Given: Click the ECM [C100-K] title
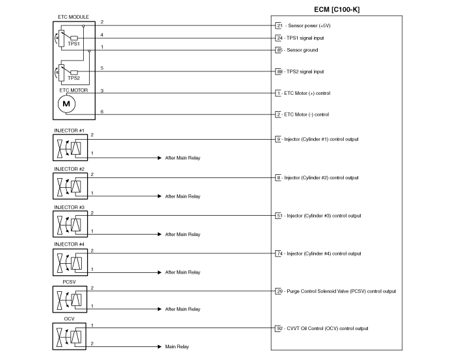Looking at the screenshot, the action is (x=337, y=10).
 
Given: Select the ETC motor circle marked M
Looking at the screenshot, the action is (x=66, y=104).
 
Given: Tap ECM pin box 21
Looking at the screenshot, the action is (x=279, y=25).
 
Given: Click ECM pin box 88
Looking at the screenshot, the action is (x=279, y=71).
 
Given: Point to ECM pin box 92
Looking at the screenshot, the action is (x=279, y=328).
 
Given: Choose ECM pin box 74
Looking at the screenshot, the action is (x=279, y=253).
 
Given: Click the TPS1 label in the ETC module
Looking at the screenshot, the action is (x=73, y=44).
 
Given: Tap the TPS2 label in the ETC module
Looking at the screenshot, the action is (x=73, y=78).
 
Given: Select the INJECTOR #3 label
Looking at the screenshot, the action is (x=69, y=207).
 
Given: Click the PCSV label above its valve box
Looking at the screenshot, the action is (x=69, y=282).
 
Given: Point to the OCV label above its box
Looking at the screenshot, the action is (x=69, y=319).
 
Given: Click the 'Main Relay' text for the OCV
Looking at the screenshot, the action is (x=177, y=346).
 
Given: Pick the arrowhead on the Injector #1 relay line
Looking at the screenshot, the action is (x=159, y=158).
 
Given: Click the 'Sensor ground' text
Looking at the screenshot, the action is (x=302, y=50).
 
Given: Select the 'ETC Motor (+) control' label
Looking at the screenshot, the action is (x=307, y=93).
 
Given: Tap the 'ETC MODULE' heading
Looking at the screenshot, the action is (x=73, y=17).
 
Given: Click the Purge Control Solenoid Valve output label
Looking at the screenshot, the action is (x=341, y=291).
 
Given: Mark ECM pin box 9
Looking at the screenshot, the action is (x=278, y=139).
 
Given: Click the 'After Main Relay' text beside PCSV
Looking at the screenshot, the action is (x=183, y=309).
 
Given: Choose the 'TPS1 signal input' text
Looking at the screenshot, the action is (x=305, y=38).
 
